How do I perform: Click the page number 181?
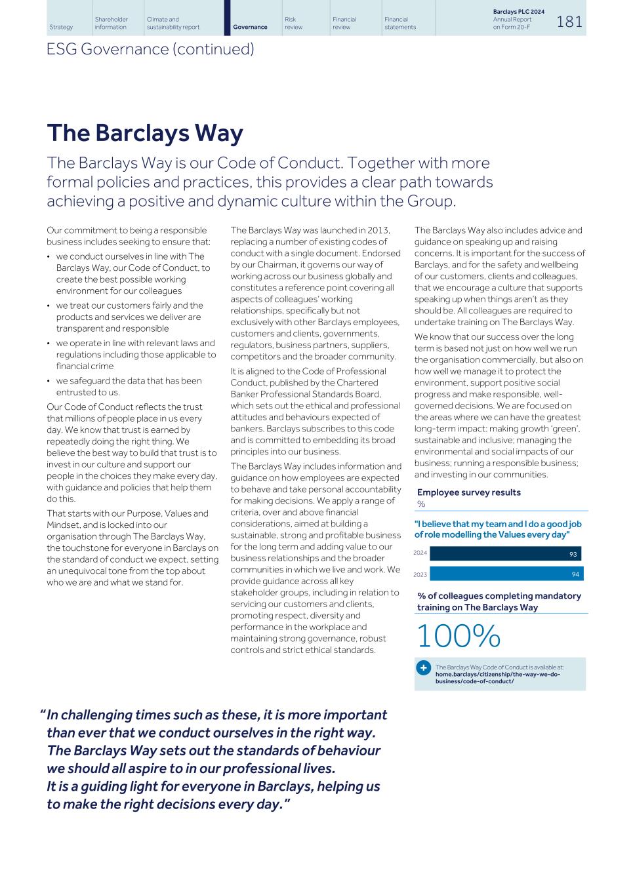(569, 22)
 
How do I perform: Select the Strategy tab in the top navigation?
(61, 27)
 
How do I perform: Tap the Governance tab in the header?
(250, 27)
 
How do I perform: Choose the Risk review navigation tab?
(294, 24)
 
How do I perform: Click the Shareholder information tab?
(112, 24)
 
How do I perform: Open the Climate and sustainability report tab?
(173, 24)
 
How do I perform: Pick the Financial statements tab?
(400, 24)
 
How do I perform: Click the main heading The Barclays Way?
(144, 133)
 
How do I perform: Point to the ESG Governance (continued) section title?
(150, 49)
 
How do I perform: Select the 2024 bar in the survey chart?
(505, 553)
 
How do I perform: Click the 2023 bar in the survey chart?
(506, 574)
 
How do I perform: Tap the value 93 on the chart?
(573, 554)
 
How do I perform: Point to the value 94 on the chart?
(575, 574)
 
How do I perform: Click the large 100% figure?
(458, 636)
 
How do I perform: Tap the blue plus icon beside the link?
(423, 667)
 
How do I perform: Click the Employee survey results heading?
(468, 492)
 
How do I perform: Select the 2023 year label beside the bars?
(420, 574)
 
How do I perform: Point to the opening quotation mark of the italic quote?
(43, 714)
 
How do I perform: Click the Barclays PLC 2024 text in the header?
(518, 12)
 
